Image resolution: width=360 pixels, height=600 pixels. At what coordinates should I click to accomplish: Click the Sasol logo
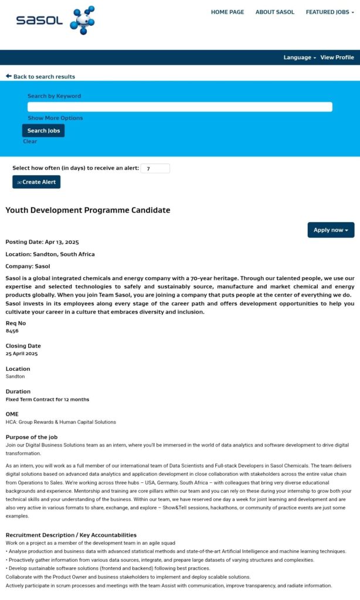[x=55, y=21]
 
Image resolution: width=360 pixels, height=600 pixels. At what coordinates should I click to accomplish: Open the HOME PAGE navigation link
[x=227, y=12]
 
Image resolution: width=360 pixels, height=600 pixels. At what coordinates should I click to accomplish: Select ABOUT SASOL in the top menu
[x=274, y=12]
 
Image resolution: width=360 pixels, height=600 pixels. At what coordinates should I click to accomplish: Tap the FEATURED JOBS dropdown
[x=330, y=12]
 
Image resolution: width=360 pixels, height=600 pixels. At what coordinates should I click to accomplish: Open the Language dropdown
[x=300, y=57]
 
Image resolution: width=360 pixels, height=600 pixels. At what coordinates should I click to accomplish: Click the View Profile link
[x=337, y=57]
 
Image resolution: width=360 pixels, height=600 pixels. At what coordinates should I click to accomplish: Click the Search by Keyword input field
[x=179, y=107]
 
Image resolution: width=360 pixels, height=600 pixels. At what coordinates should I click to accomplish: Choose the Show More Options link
[x=55, y=118]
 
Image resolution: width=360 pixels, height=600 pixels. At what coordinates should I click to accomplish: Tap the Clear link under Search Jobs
[x=30, y=141]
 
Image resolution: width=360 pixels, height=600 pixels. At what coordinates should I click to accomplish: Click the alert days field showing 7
[x=155, y=168]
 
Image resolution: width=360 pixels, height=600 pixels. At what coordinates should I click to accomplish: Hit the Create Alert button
[x=36, y=182]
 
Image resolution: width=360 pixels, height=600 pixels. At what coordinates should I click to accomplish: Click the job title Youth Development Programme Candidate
[x=88, y=210]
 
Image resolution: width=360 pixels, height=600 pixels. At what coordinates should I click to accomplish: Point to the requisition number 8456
[x=12, y=330]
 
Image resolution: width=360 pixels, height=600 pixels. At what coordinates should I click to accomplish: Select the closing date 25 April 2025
[x=22, y=354]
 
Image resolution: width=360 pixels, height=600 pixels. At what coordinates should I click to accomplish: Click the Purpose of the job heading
[x=32, y=437]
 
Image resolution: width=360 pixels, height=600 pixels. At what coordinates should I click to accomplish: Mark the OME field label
[x=12, y=414]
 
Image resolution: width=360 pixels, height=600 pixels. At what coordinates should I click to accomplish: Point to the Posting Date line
[x=42, y=242]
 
